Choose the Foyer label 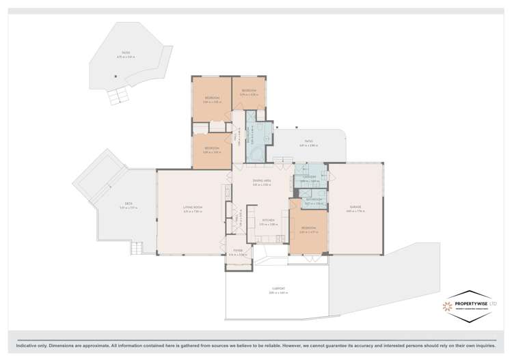coord(238,251)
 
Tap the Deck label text coord(129,204)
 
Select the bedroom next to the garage coord(308,229)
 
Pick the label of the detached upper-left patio coord(126,54)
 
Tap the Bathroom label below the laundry coord(313,201)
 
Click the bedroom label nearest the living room coord(211,150)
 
